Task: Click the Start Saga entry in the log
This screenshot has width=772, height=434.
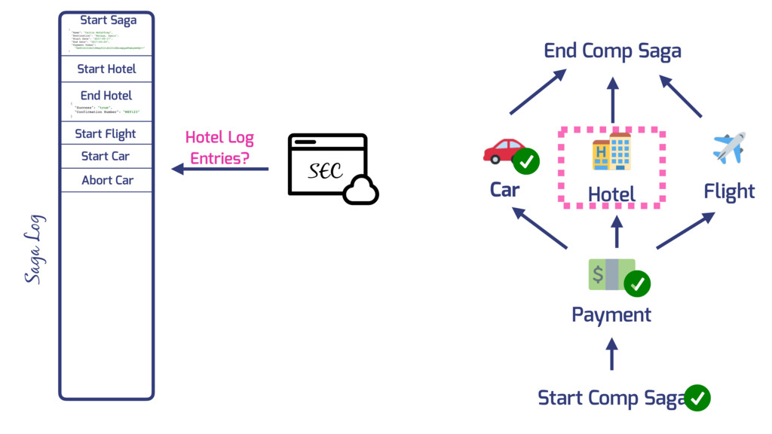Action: [x=108, y=20]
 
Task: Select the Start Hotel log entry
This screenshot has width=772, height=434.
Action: [x=106, y=69]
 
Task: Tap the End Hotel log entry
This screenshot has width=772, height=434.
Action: [x=106, y=96]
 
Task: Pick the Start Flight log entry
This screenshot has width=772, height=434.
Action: [x=106, y=134]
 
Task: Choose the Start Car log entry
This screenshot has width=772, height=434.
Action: [x=106, y=157]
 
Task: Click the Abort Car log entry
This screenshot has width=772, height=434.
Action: [x=107, y=181]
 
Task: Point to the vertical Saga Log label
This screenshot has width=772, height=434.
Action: [x=34, y=249]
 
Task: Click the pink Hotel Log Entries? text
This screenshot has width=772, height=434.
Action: [x=219, y=148]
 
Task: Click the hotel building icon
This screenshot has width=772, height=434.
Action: [x=611, y=151]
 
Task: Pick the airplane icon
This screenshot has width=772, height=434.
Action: [x=729, y=148]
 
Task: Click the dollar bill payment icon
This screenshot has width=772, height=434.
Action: [x=611, y=274]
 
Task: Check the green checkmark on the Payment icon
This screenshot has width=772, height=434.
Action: [x=637, y=283]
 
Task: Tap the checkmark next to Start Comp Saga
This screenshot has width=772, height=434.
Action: [x=697, y=398]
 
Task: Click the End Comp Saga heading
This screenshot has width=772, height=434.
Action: [x=612, y=51]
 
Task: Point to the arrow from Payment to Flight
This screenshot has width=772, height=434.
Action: [x=685, y=231]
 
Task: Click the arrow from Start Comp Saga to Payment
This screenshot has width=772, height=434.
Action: [x=611, y=353]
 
